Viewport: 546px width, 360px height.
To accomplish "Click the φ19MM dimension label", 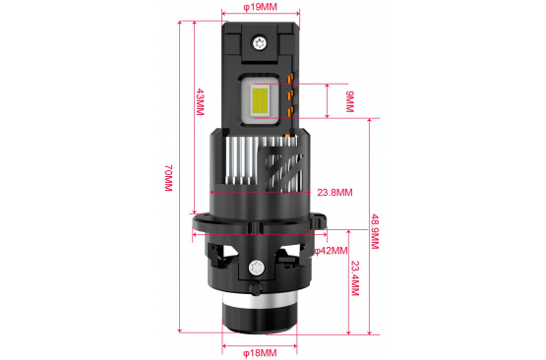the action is click(260, 7).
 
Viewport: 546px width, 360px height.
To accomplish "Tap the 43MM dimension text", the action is click(200, 101).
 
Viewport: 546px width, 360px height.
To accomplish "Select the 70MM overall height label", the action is click(168, 178).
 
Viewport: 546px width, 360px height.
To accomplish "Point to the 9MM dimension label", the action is click(349, 101).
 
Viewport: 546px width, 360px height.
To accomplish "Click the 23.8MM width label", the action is click(334, 192).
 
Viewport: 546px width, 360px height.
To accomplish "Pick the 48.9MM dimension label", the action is click(375, 231).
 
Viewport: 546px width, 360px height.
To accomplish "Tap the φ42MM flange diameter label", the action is click(331, 251).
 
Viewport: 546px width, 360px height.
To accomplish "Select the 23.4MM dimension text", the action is click(355, 278).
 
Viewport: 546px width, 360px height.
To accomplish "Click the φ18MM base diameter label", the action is click(260, 353).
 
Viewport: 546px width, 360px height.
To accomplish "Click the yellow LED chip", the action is click(260, 101).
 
